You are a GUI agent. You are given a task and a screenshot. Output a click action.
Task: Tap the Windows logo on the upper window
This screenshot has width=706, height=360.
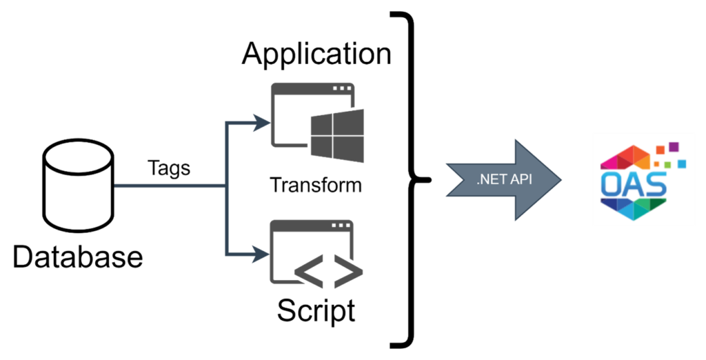click(x=337, y=135)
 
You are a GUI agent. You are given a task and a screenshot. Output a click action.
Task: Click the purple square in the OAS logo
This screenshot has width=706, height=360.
click(x=674, y=146)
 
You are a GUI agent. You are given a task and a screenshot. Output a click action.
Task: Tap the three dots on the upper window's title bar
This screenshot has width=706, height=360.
click(x=341, y=89)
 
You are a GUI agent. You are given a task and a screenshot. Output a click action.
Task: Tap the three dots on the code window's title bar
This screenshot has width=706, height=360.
click(x=341, y=226)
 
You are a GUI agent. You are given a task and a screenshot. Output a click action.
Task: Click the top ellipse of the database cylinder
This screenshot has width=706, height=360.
click(x=78, y=154)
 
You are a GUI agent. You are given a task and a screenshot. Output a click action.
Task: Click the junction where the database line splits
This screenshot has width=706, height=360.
click(x=226, y=186)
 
